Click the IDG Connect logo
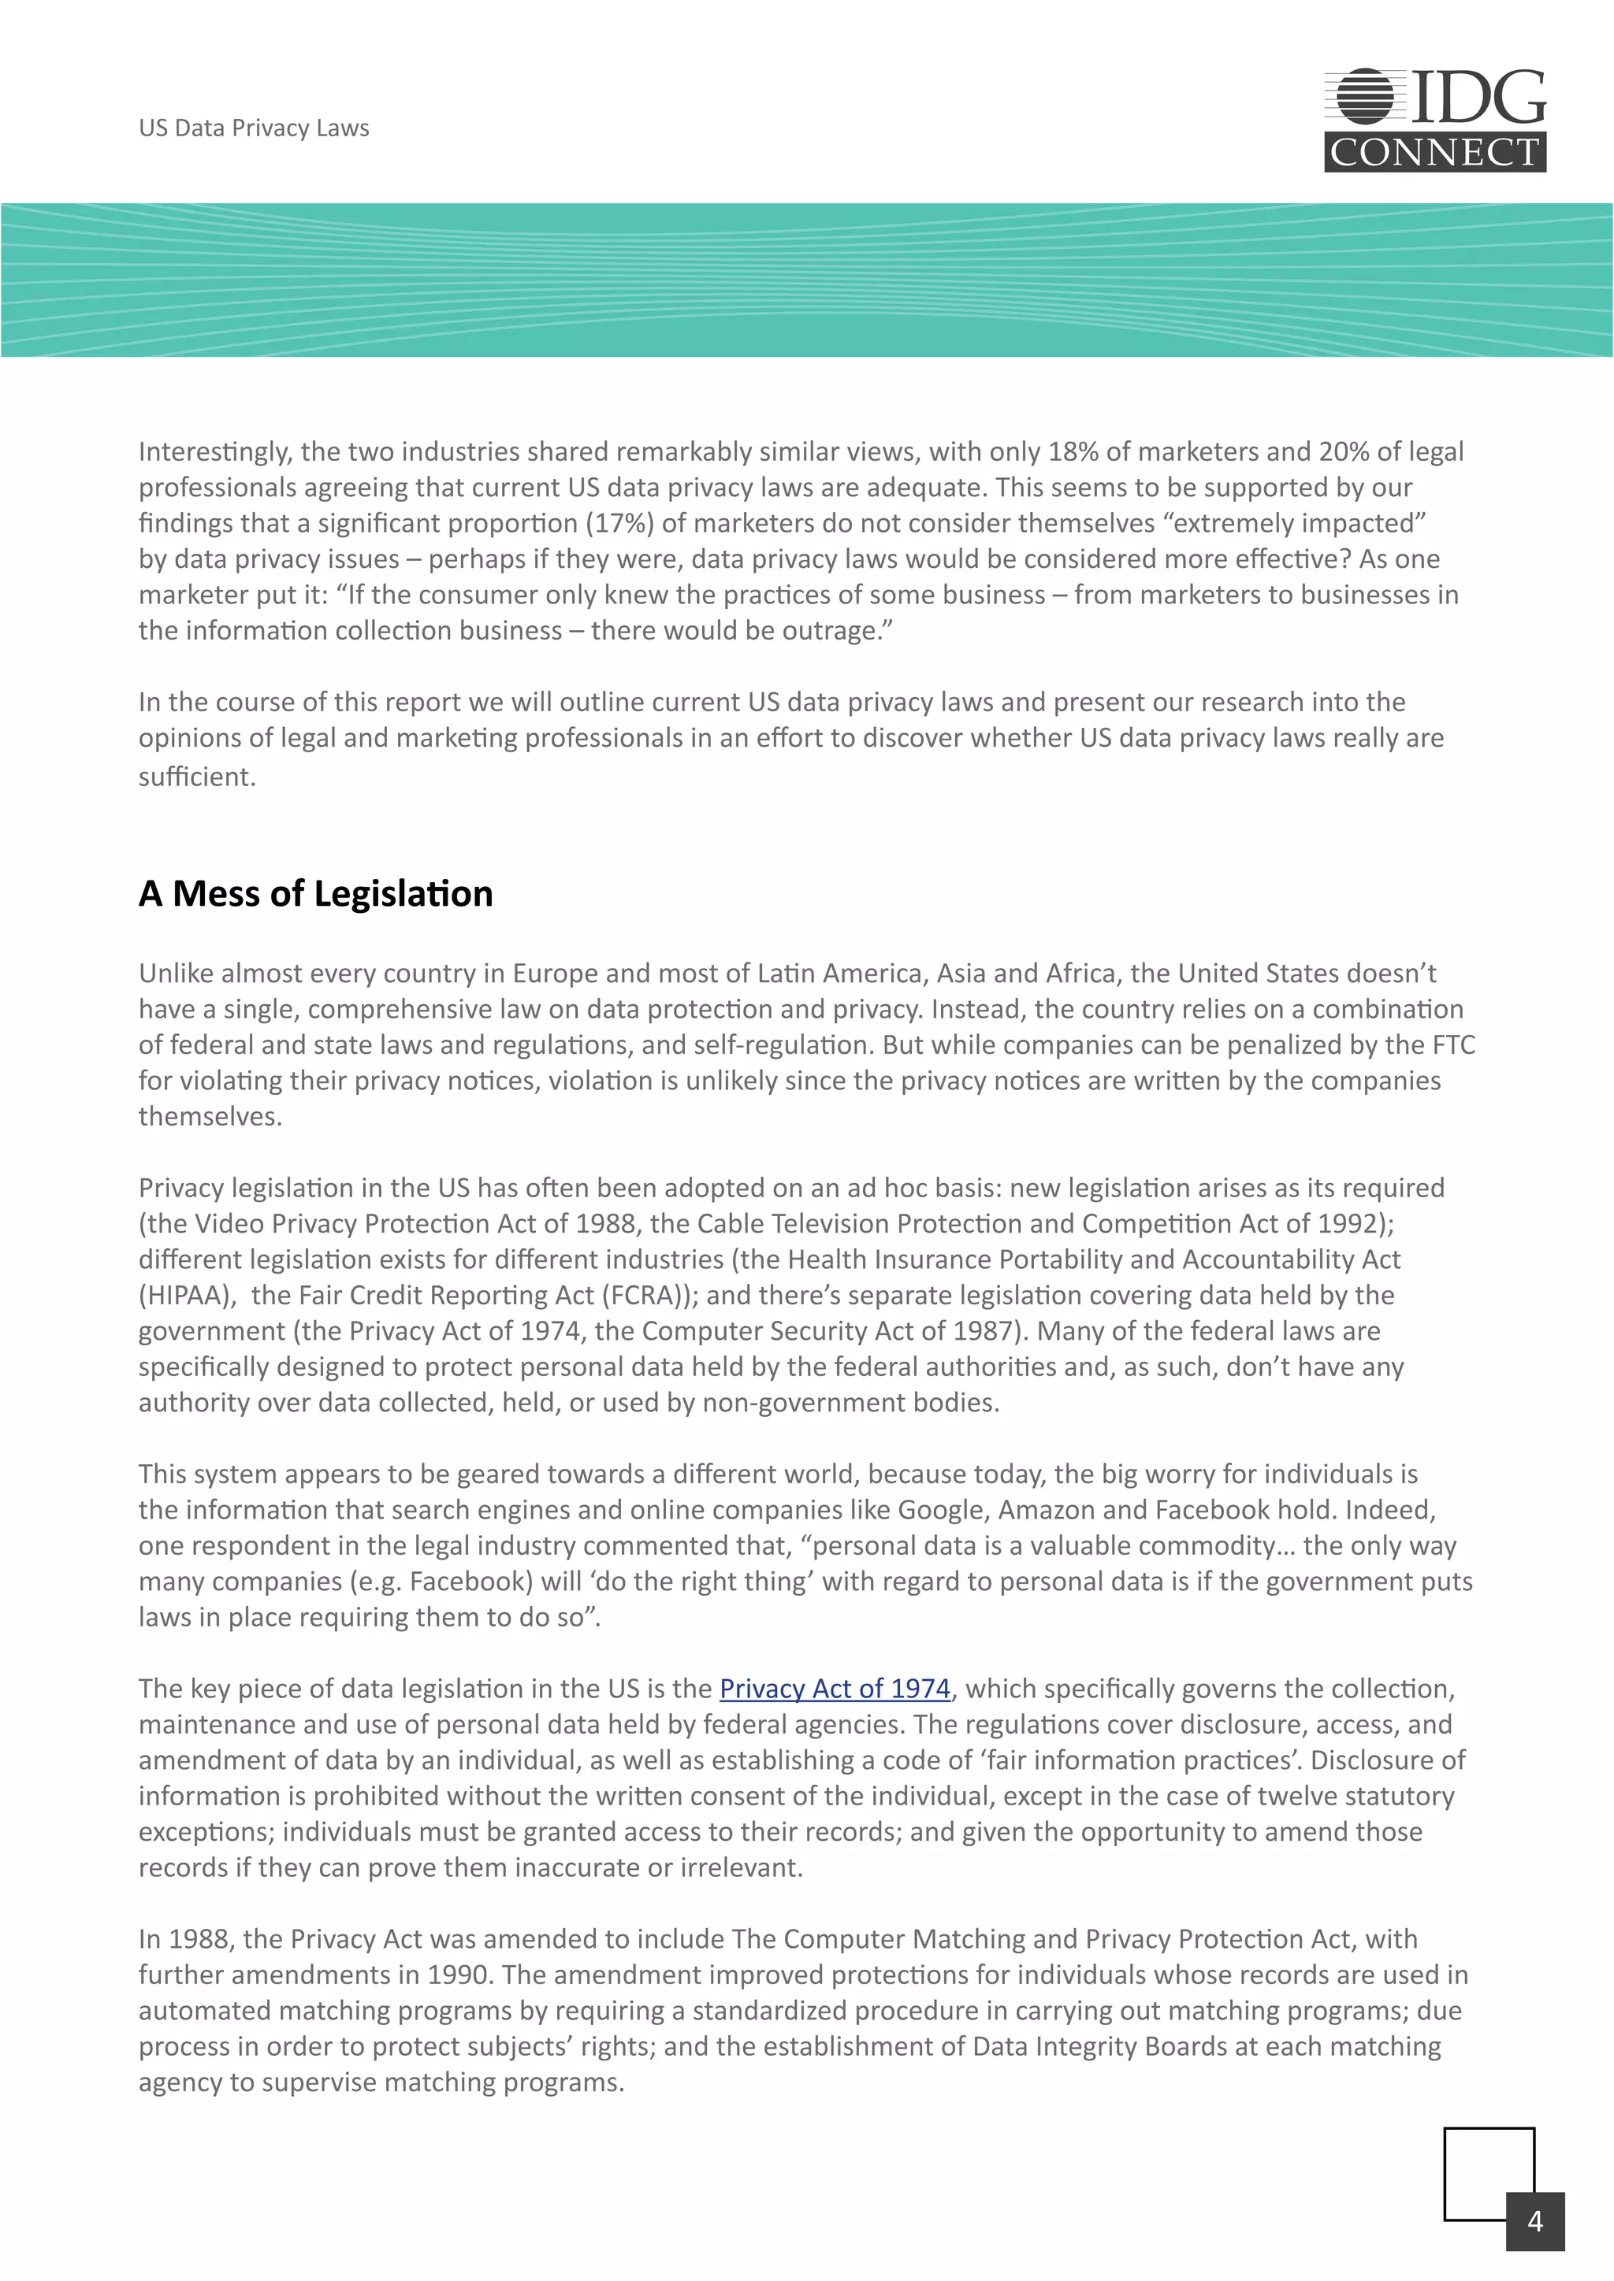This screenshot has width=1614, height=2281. (x=1434, y=121)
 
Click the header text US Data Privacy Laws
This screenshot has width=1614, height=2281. (x=254, y=128)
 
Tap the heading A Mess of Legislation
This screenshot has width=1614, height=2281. (x=315, y=893)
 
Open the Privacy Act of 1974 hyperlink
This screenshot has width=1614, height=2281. (x=834, y=1688)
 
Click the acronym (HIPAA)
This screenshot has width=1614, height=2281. (x=186, y=1295)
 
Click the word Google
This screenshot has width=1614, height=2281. (x=940, y=1509)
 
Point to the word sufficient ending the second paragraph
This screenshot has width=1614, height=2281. (x=195, y=777)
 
